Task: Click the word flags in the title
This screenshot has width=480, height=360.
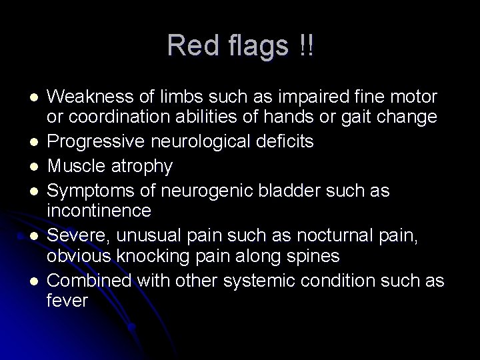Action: click(x=251, y=46)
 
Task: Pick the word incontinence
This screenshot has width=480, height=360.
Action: click(x=99, y=211)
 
